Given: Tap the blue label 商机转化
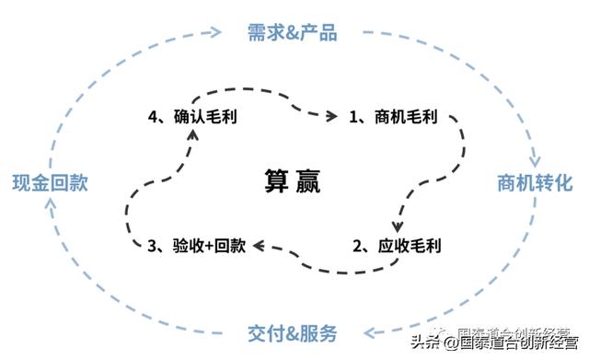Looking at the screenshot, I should click(x=535, y=181).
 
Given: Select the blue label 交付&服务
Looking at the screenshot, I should click(x=293, y=332).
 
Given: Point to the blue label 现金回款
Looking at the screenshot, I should click(x=51, y=181).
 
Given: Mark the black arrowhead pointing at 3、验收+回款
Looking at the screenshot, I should click(x=260, y=246).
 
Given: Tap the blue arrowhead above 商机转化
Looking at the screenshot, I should click(x=535, y=155).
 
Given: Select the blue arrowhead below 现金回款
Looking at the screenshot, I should click(x=51, y=211).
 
